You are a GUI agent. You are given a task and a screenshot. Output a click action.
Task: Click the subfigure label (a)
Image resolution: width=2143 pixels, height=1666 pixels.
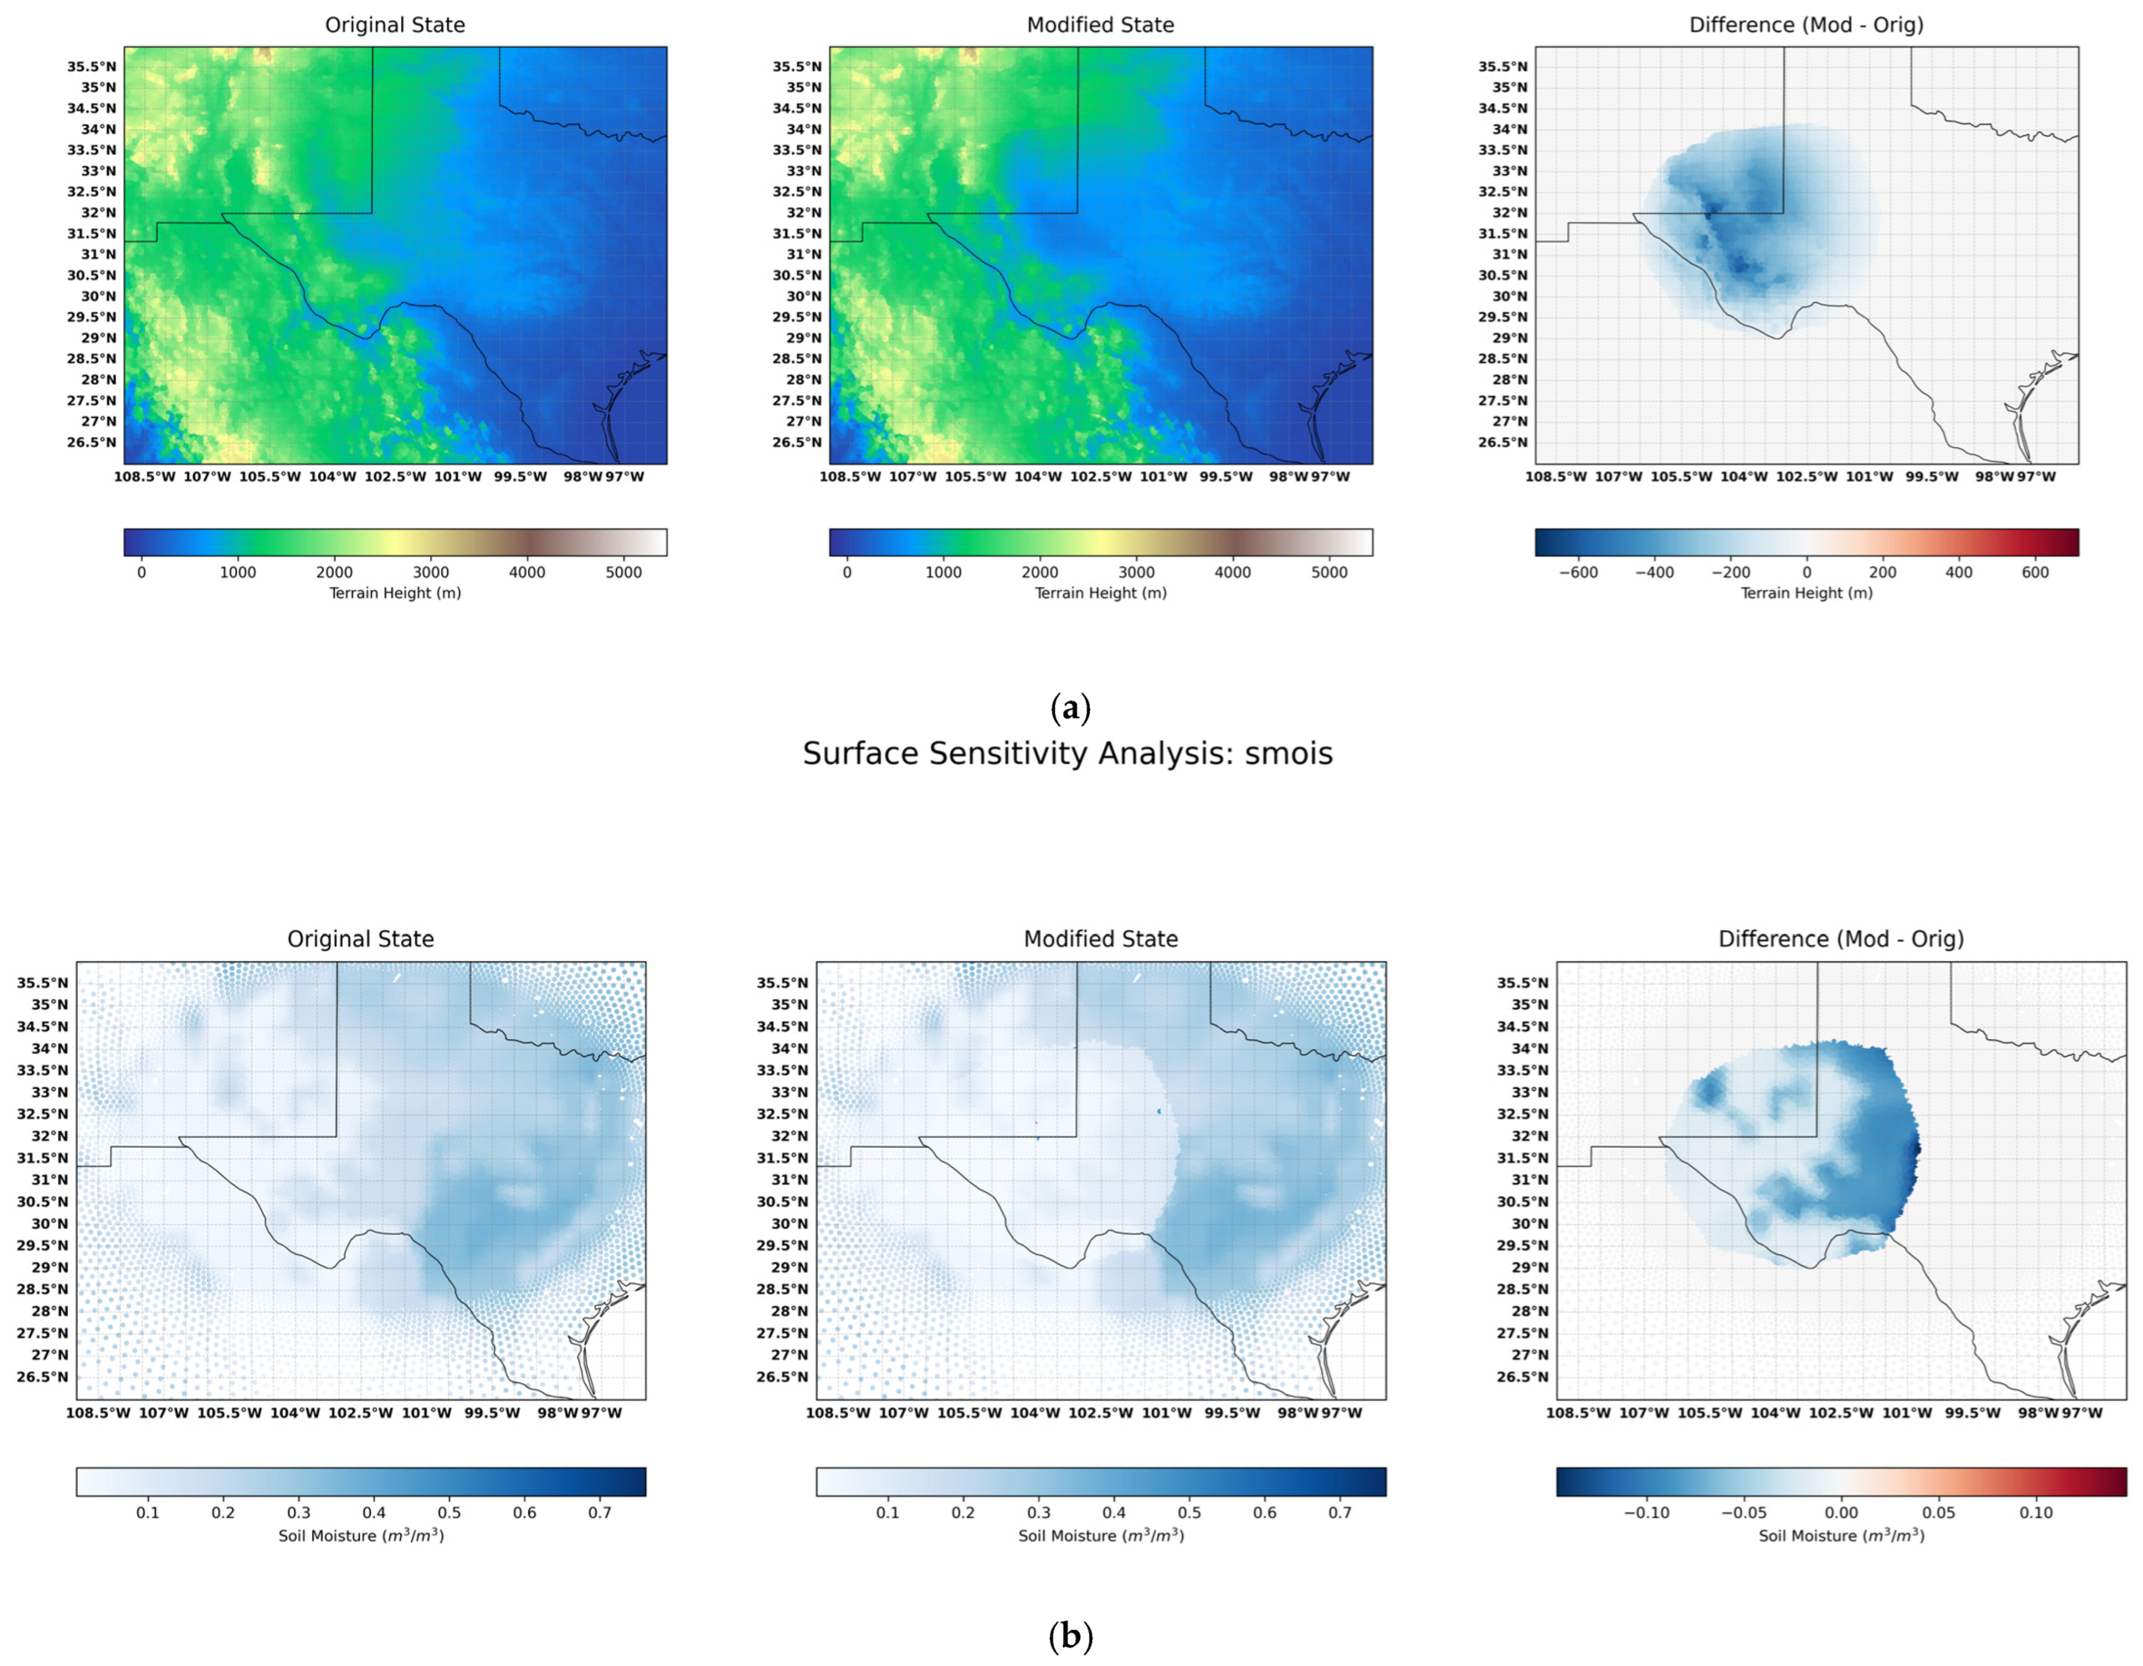point(1070,708)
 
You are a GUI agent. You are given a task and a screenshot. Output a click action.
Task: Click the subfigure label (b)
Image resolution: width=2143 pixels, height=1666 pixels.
point(1070,1636)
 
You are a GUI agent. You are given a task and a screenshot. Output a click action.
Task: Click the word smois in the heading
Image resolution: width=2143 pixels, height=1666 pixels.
point(1288,754)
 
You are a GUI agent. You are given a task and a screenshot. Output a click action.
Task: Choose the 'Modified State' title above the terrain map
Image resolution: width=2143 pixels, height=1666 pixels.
point(1100,25)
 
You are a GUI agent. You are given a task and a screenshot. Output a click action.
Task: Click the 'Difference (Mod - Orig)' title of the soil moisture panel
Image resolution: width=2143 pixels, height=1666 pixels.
point(1841,939)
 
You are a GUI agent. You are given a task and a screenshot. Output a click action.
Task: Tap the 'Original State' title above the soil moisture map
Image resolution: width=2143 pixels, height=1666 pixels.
point(360,939)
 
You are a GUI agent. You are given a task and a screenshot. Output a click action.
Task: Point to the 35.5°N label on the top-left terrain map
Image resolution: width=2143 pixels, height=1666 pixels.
point(91,67)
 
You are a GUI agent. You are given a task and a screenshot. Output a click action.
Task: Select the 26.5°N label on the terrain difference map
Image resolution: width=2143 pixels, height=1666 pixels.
point(1502,443)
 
